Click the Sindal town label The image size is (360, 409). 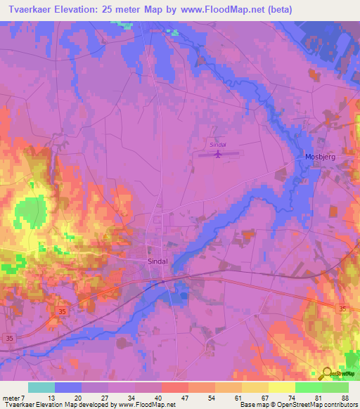(158, 261)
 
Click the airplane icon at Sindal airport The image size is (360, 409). (218, 152)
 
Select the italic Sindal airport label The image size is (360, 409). (217, 145)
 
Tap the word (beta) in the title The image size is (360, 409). (276, 10)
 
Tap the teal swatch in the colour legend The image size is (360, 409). (41, 387)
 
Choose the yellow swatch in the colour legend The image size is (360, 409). (281, 387)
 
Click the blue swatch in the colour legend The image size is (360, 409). (68, 387)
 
